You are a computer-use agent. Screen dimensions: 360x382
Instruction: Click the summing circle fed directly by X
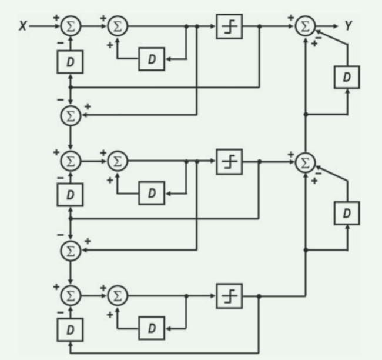pyautogui.click(x=71, y=26)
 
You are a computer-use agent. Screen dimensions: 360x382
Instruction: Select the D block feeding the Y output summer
pyautogui.click(x=347, y=78)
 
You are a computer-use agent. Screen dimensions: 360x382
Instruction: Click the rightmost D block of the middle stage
pyautogui.click(x=347, y=212)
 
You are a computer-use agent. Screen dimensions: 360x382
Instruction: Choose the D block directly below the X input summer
pyautogui.click(x=71, y=62)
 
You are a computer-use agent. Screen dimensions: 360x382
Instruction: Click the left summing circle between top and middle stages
pyautogui.click(x=71, y=115)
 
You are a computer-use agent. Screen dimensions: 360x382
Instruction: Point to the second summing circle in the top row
pyautogui.click(x=118, y=26)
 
